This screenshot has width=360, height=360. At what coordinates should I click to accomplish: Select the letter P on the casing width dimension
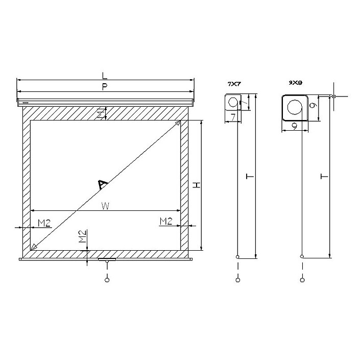104,87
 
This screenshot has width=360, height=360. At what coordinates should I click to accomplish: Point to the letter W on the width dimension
105,206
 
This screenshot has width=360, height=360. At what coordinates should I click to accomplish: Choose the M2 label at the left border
44,222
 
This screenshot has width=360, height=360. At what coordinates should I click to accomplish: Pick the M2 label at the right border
165,221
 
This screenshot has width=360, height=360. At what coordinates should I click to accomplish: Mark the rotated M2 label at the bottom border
82,237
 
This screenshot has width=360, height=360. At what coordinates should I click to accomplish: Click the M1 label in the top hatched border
101,114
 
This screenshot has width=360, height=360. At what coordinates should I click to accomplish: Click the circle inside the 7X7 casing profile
233,102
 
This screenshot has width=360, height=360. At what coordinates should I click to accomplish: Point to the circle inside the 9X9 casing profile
295,107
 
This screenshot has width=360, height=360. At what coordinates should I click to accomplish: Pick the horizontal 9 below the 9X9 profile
295,125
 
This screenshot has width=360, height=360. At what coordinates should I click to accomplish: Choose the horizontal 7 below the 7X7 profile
233,118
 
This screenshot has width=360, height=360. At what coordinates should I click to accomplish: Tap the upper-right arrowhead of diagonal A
178,123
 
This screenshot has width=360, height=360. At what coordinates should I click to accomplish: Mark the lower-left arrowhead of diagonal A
34,248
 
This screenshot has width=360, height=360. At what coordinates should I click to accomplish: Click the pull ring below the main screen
107,279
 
